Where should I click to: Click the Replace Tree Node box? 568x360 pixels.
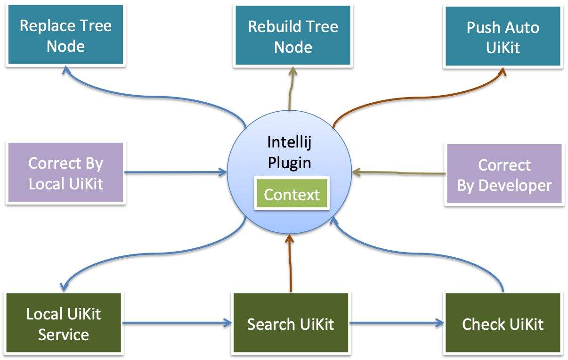coord(65,36)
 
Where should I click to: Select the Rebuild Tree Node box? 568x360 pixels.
coord(292,36)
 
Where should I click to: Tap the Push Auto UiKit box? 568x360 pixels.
coord(503,36)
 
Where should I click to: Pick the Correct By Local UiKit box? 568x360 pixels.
coord(65,173)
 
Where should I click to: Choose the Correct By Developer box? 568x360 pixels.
coord(503,174)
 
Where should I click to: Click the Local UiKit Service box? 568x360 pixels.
coord(64,324)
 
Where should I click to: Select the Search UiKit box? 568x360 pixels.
coord(291,324)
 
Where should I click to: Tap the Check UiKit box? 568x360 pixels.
coord(503,324)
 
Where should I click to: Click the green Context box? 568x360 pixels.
coord(292,194)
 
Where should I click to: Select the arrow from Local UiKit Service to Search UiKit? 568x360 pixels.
coord(177,323)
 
